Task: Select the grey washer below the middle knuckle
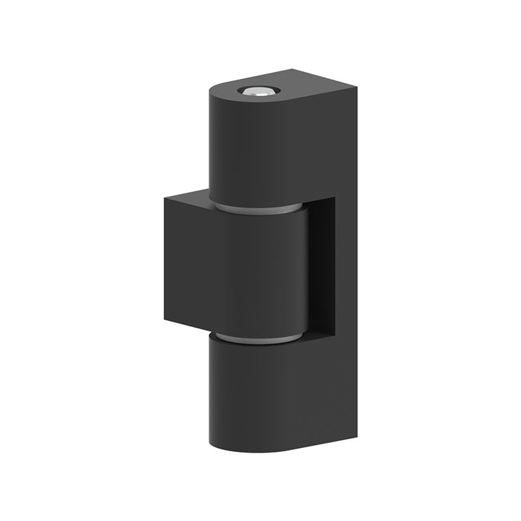(258, 338)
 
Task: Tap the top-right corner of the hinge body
(357, 87)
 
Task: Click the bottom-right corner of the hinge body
(357, 435)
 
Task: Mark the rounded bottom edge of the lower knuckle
(254, 451)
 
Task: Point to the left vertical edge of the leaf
(165, 260)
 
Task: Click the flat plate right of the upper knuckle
(332, 143)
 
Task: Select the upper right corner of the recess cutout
(335, 198)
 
